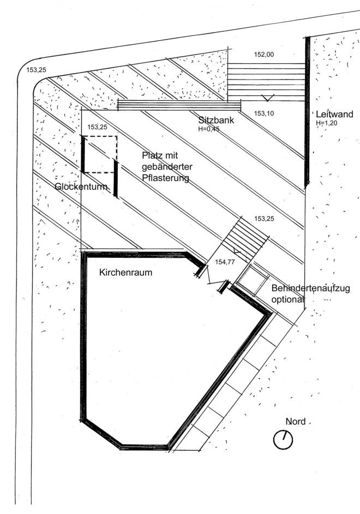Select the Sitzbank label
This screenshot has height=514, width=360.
pos(216,120)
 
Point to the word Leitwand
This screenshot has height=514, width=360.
pos(334,114)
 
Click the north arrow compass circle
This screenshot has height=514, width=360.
pos(283,439)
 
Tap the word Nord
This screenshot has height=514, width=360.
pos(295,421)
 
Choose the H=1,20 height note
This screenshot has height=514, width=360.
pos(326,124)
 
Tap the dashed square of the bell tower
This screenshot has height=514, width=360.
pos(99,154)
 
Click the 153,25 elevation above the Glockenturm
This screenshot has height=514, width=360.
pos(97,126)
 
